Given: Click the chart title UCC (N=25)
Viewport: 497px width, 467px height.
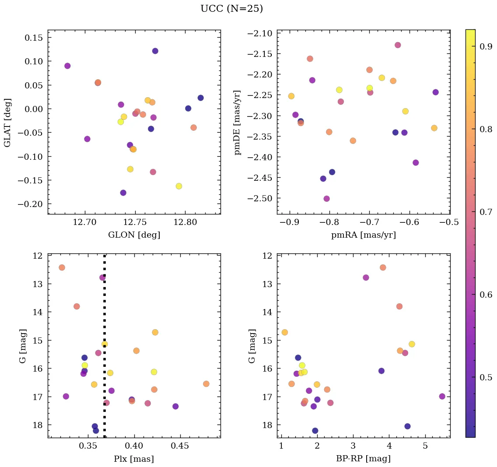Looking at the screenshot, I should pyautogui.click(x=231, y=9).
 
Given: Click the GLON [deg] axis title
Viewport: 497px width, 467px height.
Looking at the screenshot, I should pyautogui.click(x=134, y=235).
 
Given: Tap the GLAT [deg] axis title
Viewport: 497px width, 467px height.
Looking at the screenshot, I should pyautogui.click(x=7, y=122).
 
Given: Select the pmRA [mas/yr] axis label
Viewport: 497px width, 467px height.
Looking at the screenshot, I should pyautogui.click(x=364, y=235).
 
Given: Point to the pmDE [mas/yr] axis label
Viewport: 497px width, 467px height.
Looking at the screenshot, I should pyautogui.click(x=238, y=122).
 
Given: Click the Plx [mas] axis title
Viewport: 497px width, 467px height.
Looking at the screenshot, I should pyautogui.click(x=134, y=459).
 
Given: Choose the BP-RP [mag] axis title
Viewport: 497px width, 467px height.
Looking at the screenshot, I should pyautogui.click(x=364, y=459).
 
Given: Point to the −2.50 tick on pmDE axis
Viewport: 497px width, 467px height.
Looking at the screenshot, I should pyautogui.click(x=261, y=198).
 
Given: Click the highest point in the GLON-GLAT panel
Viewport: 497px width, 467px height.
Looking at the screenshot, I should pyautogui.click(x=155, y=51).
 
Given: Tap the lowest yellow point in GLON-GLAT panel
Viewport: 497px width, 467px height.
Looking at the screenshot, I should pyautogui.click(x=178, y=186).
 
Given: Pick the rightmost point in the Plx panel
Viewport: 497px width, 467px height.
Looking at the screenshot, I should pyautogui.click(x=206, y=384).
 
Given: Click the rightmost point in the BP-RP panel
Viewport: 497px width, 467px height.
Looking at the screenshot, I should pyautogui.click(x=442, y=397).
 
